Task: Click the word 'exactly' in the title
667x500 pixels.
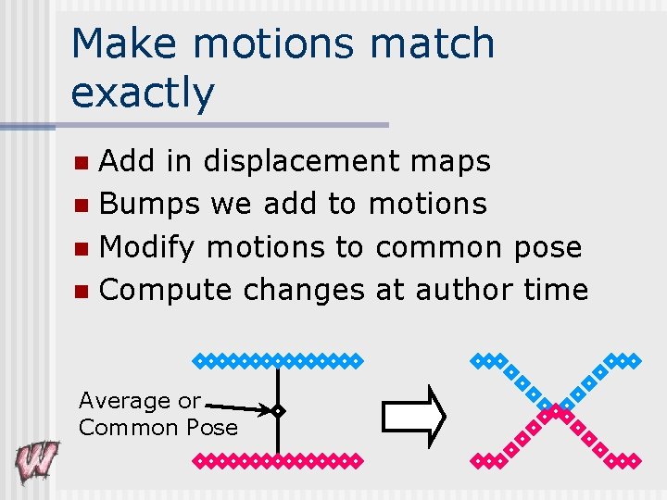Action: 142,93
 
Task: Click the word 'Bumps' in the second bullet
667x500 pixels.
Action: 149,204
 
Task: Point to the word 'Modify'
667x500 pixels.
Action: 147,247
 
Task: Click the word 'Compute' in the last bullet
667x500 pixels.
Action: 166,290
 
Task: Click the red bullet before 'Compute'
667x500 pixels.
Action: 82,292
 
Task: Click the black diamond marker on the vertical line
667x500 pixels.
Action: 277,410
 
